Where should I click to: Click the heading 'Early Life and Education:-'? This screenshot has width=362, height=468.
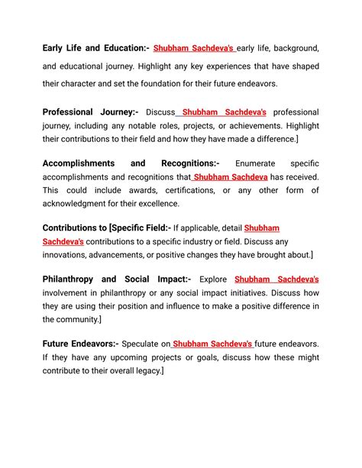95,49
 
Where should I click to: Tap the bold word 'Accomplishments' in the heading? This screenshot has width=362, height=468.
79,163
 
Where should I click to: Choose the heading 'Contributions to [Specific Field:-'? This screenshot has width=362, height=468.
107,228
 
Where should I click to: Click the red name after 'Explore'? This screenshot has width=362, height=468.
276,279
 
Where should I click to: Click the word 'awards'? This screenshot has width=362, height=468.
142,190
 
